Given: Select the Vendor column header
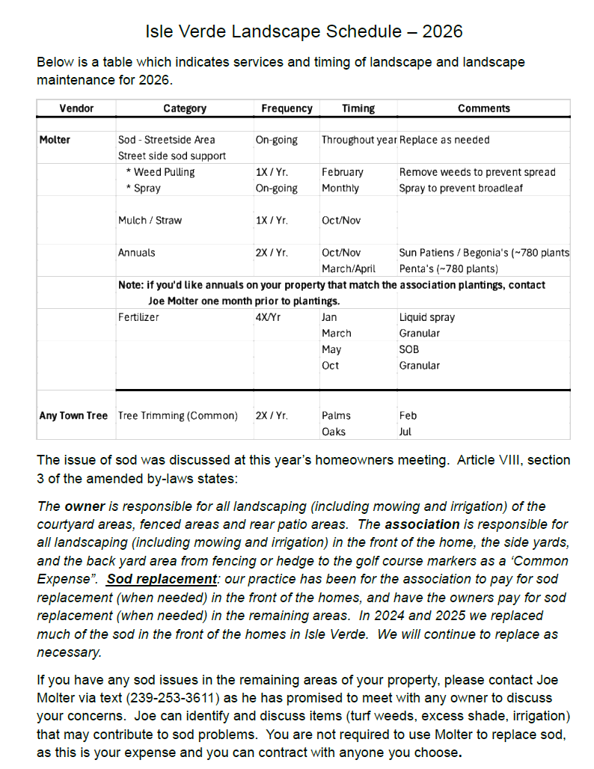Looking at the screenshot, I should click(x=76, y=108).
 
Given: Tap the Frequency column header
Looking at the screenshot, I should click(x=287, y=108).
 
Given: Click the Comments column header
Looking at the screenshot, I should click(x=483, y=108).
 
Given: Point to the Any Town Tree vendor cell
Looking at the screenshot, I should click(x=73, y=415).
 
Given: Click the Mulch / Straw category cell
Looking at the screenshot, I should click(x=150, y=221).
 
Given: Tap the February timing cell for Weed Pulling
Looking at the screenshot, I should click(x=342, y=172).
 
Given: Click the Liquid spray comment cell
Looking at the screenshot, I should click(x=426, y=317).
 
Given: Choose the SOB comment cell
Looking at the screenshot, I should click(x=409, y=349).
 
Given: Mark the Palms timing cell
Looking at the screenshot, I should click(x=336, y=415).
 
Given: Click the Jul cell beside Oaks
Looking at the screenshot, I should click(x=405, y=432).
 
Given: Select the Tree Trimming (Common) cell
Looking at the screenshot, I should click(x=177, y=415).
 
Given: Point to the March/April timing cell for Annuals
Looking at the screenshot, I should click(x=349, y=269).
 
